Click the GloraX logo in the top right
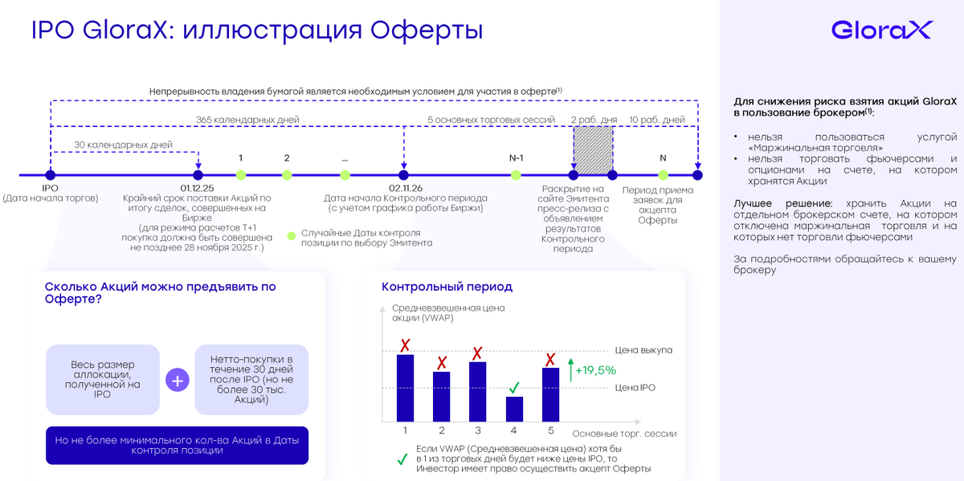(x=880, y=31)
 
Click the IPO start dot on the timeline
(x=51, y=175)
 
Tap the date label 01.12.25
(x=198, y=189)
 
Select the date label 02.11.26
(x=405, y=189)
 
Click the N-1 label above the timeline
(x=517, y=157)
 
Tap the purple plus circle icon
(x=177, y=380)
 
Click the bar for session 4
(x=514, y=409)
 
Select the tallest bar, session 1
(x=405, y=388)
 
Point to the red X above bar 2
(x=441, y=363)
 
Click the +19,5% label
(x=595, y=370)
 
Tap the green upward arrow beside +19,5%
(x=570, y=370)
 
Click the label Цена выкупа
(x=643, y=350)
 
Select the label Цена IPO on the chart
(x=635, y=388)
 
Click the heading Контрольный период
(x=447, y=287)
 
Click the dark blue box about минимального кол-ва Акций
(x=178, y=445)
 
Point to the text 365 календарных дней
(x=247, y=120)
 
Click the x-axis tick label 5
(x=550, y=431)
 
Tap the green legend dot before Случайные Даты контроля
(x=292, y=237)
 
